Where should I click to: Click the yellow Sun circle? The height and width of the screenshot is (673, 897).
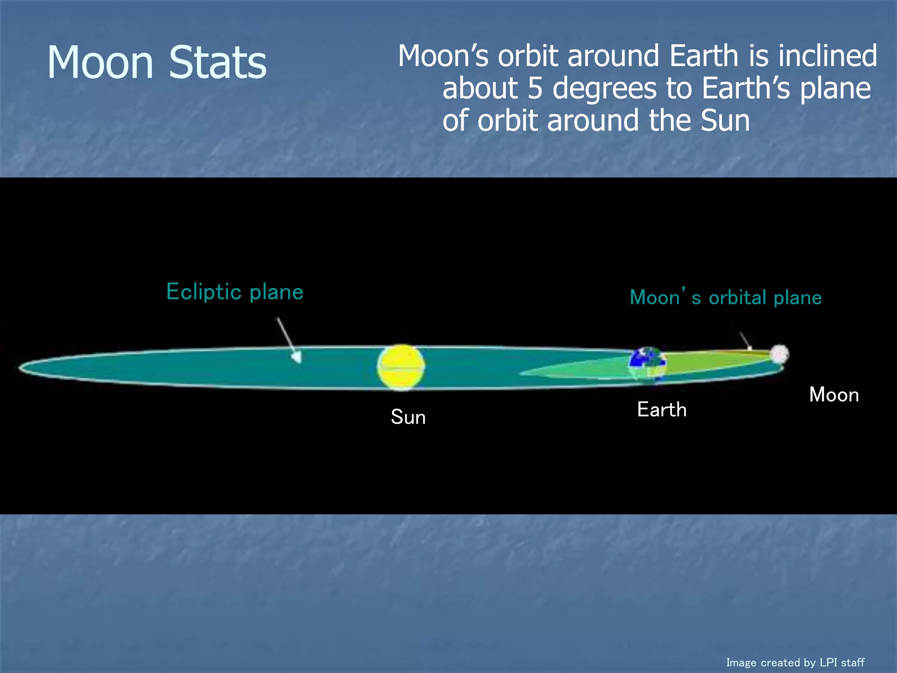click(x=401, y=367)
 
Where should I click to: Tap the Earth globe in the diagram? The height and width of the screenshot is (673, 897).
click(x=648, y=364)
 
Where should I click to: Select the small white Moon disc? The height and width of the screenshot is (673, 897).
click(x=779, y=354)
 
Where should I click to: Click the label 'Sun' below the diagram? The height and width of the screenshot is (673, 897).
click(x=408, y=417)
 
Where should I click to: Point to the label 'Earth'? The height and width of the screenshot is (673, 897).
click(x=661, y=410)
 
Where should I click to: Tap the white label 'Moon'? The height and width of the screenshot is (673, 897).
click(x=833, y=395)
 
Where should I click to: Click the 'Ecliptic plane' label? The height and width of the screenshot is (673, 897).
click(x=235, y=292)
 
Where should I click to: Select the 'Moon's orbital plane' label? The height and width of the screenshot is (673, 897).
click(x=725, y=298)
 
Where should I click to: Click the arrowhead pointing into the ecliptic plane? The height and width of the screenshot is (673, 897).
click(x=298, y=358)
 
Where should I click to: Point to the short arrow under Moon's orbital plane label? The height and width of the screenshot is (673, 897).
click(x=745, y=341)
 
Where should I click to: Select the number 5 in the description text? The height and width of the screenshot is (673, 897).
click(x=535, y=89)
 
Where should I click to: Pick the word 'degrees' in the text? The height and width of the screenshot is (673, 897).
click(x=605, y=89)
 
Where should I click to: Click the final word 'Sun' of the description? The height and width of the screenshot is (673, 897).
click(x=725, y=121)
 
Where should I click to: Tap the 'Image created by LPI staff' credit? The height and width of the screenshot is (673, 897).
click(x=795, y=662)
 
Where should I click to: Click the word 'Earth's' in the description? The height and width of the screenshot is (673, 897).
click(x=745, y=89)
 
